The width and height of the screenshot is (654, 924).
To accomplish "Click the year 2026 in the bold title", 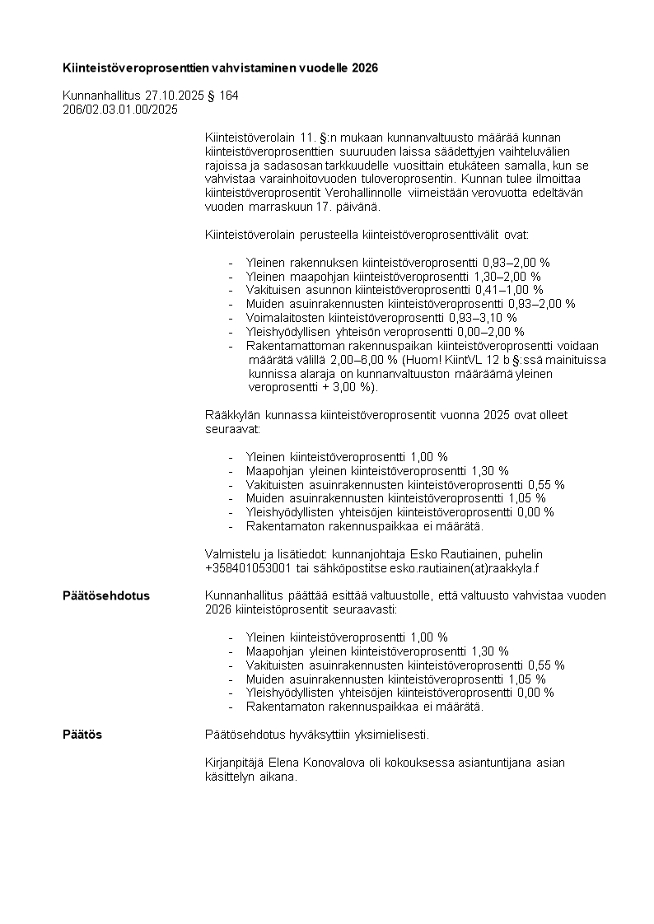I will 364,68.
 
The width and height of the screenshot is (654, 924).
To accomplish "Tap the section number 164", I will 229,96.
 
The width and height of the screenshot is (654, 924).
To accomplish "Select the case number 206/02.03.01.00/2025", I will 120,109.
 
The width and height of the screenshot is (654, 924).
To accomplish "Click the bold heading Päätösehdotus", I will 106,596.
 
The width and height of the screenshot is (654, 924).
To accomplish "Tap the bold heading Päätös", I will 82,735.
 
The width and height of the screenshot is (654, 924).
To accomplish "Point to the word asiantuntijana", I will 476,763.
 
